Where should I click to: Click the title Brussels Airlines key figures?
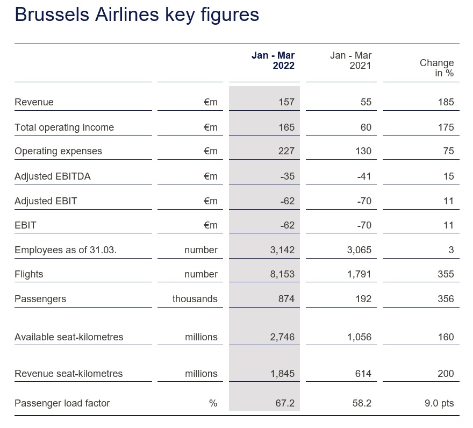pyautogui.click(x=137, y=15)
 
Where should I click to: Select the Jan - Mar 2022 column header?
pyautogui.click(x=273, y=60)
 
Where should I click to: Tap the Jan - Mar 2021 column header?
pyautogui.click(x=350, y=60)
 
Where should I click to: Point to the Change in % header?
pyautogui.click(x=436, y=68)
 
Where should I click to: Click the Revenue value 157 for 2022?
pyautogui.click(x=286, y=102)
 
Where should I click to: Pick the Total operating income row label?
pyautogui.click(x=64, y=127)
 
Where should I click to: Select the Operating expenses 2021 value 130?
pyautogui.click(x=363, y=151)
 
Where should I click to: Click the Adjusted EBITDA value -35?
pyautogui.click(x=287, y=176)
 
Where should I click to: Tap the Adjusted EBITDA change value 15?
pyautogui.click(x=448, y=176)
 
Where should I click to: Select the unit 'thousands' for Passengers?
pyautogui.click(x=195, y=299)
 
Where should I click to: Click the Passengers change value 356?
pyautogui.click(x=446, y=299)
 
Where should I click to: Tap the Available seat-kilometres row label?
pyautogui.click(x=69, y=337)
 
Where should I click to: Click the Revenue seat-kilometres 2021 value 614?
pyautogui.click(x=363, y=374)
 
